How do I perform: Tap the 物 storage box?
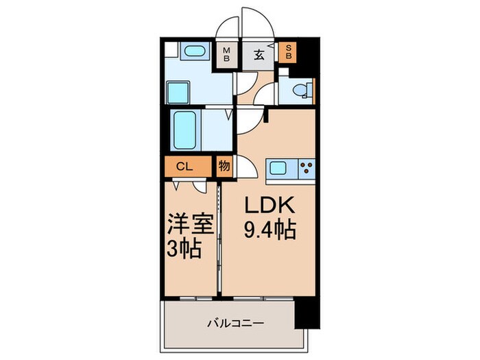pos(224,166)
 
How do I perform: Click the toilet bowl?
pos(300,90)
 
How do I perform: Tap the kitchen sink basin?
pos(280,168)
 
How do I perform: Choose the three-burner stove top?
pos(304,168)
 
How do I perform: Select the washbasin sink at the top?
pos(196,52)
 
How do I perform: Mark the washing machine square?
pos(180,91)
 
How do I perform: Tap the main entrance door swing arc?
pos(259,24)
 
